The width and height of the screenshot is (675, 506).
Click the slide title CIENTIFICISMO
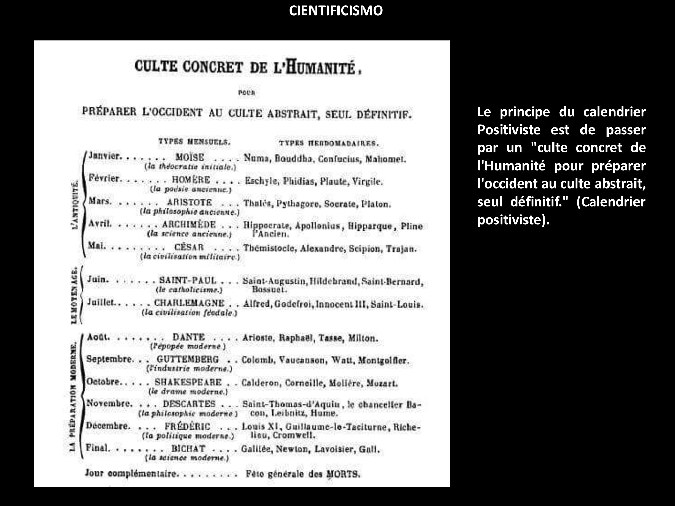click(x=336, y=11)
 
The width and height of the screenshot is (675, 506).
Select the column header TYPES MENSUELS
click(x=194, y=142)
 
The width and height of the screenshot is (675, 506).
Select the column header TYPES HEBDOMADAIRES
click(x=328, y=143)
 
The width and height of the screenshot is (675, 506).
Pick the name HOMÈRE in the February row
click(x=191, y=179)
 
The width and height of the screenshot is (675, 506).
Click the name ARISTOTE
click(x=189, y=202)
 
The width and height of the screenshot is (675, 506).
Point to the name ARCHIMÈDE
click(x=189, y=225)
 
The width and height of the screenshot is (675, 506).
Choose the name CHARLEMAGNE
click(x=189, y=303)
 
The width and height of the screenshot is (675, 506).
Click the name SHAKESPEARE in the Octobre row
click(x=188, y=382)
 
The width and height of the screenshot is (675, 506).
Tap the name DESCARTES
click(x=189, y=404)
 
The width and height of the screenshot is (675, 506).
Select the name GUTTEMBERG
click(x=188, y=359)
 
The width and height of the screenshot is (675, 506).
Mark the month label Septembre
click(x=109, y=359)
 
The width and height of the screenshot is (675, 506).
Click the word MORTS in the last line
click(x=343, y=474)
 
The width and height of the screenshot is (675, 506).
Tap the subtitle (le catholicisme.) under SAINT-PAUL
click(x=189, y=290)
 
